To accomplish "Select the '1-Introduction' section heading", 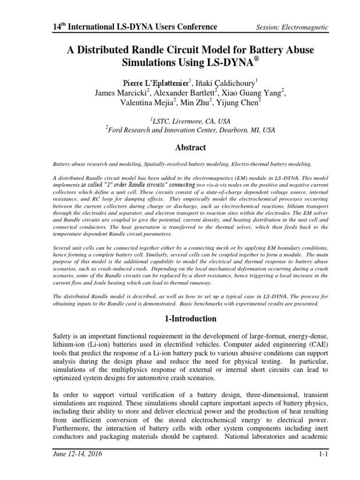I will (x=189, y=319).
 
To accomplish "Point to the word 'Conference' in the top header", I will (x=193, y=27).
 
